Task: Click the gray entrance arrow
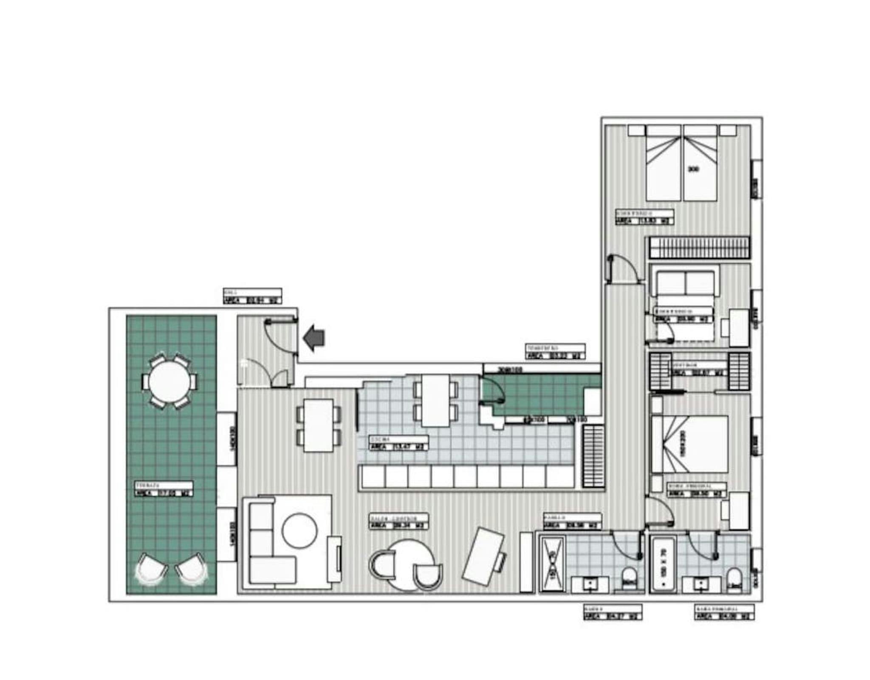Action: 314,338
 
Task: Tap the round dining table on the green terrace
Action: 169,381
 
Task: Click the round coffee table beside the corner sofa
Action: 299,531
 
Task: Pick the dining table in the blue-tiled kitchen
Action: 435,401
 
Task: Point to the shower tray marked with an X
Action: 552,564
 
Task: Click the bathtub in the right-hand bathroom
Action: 664,564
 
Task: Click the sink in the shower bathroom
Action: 590,584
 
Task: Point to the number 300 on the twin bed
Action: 693,169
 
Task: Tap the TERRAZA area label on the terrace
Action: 164,489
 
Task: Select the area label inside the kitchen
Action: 398,443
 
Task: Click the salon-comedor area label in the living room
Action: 398,522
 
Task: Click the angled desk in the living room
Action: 483,556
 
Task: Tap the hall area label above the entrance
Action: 252,296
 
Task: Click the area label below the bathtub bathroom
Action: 724,612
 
